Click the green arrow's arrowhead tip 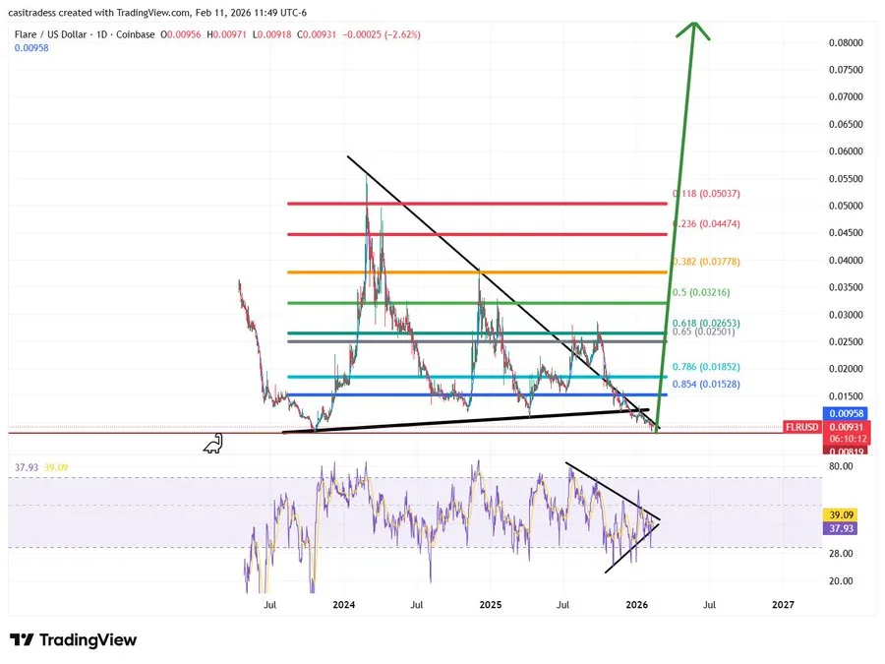click(x=695, y=22)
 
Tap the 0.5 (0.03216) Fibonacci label click(x=700, y=292)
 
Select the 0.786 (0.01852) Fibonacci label click(x=705, y=367)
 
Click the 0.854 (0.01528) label click(x=705, y=384)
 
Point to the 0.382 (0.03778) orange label click(x=706, y=262)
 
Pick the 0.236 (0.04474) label click(x=706, y=223)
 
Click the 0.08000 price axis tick click(x=846, y=42)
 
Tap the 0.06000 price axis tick click(x=846, y=151)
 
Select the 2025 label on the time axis click(x=490, y=605)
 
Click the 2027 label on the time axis click(x=783, y=605)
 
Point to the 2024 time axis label click(x=344, y=605)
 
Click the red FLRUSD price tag click(x=801, y=427)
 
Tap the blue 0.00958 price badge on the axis click(x=845, y=413)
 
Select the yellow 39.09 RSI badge click(x=841, y=514)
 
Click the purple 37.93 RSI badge click(x=841, y=528)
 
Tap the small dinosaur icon click(x=213, y=444)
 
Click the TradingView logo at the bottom click(x=74, y=639)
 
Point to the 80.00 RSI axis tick click(x=841, y=466)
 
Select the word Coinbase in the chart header click(x=136, y=34)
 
